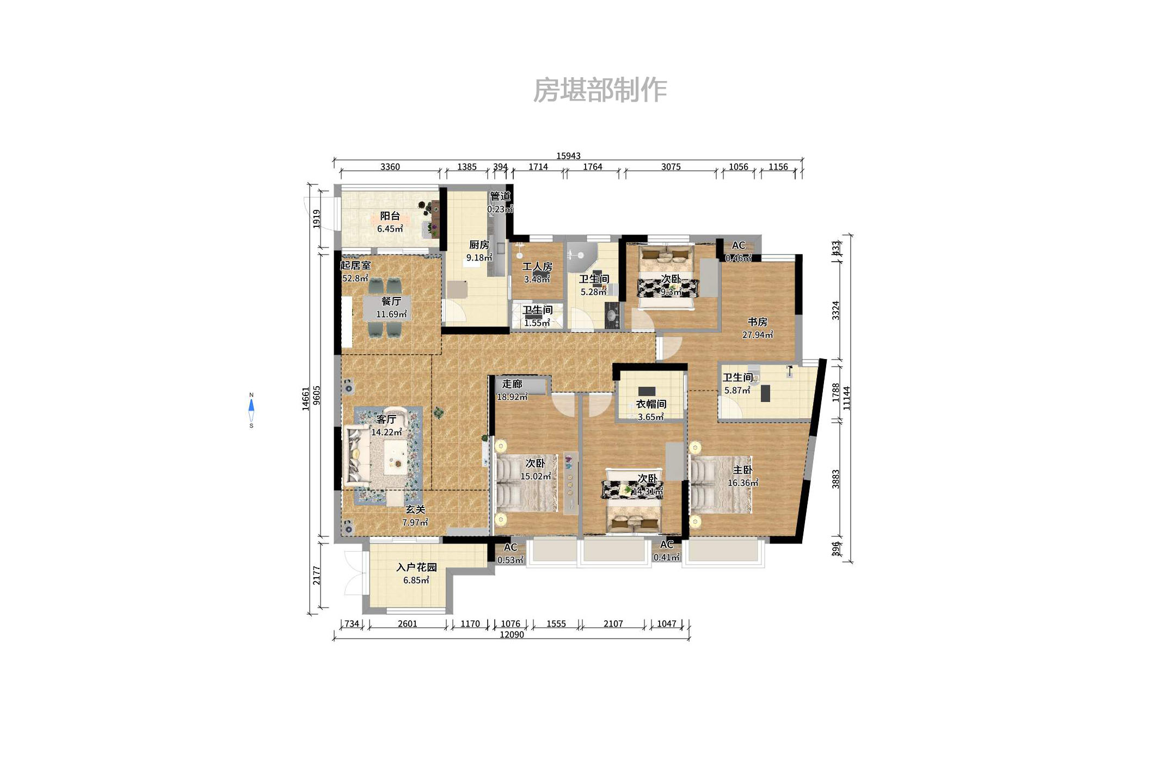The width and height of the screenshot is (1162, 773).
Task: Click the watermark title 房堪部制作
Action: point(600,90)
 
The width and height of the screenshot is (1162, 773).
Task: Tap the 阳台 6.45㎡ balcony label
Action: point(390,222)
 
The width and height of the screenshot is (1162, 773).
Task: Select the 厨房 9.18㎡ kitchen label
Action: point(479,251)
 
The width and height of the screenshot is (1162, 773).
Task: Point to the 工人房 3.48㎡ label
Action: point(537,273)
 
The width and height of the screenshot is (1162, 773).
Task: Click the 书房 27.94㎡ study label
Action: point(757,328)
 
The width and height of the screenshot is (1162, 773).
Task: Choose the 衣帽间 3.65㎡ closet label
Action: point(651,410)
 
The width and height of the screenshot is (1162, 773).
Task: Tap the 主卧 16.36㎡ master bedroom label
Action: point(742,476)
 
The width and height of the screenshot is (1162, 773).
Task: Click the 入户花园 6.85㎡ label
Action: point(416,573)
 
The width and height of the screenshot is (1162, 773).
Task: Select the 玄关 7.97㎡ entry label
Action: point(415,516)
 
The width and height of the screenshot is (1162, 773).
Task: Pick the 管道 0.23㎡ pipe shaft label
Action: point(500,202)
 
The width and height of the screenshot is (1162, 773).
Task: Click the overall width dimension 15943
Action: point(568,156)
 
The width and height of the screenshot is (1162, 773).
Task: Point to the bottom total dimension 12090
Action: point(512,635)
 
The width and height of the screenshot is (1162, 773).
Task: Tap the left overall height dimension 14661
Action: point(306,398)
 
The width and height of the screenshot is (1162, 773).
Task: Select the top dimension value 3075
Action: point(671,167)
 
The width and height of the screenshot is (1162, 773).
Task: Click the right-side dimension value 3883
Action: point(836,479)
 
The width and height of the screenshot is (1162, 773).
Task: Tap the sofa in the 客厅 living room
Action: point(356,456)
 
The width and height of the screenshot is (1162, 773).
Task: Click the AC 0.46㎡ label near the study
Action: point(738,251)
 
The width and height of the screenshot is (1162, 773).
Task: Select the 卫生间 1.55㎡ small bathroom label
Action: point(538,316)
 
